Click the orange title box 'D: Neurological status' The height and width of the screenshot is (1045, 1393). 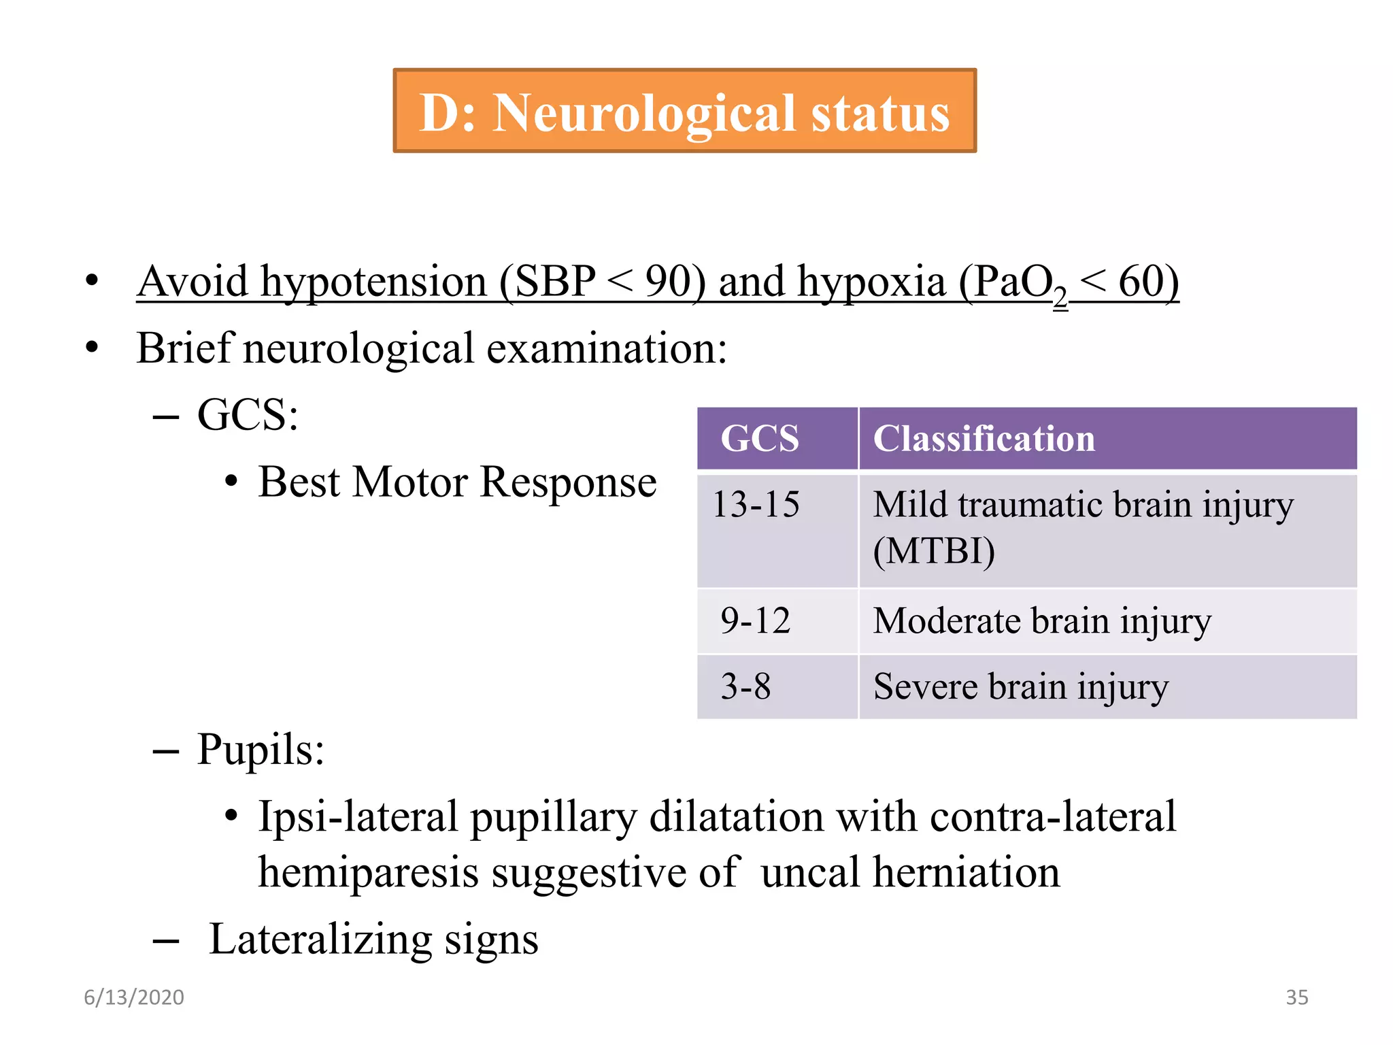(684, 111)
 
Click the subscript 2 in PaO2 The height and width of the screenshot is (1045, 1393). (1060, 297)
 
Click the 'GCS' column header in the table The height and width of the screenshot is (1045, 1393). (759, 438)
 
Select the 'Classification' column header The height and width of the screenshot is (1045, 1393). (984, 438)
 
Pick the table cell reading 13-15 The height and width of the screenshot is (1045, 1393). (756, 505)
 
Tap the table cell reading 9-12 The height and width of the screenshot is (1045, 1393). (755, 620)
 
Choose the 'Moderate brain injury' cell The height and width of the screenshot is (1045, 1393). (1041, 620)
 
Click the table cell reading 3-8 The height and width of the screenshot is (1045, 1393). (745, 686)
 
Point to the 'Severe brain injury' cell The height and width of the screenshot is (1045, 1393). (1020, 686)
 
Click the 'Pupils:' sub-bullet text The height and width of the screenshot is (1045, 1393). (261, 749)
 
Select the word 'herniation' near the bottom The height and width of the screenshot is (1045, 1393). (966, 872)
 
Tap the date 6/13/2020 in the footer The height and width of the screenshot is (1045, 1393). (134, 997)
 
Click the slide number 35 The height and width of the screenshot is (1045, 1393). (1296, 997)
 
